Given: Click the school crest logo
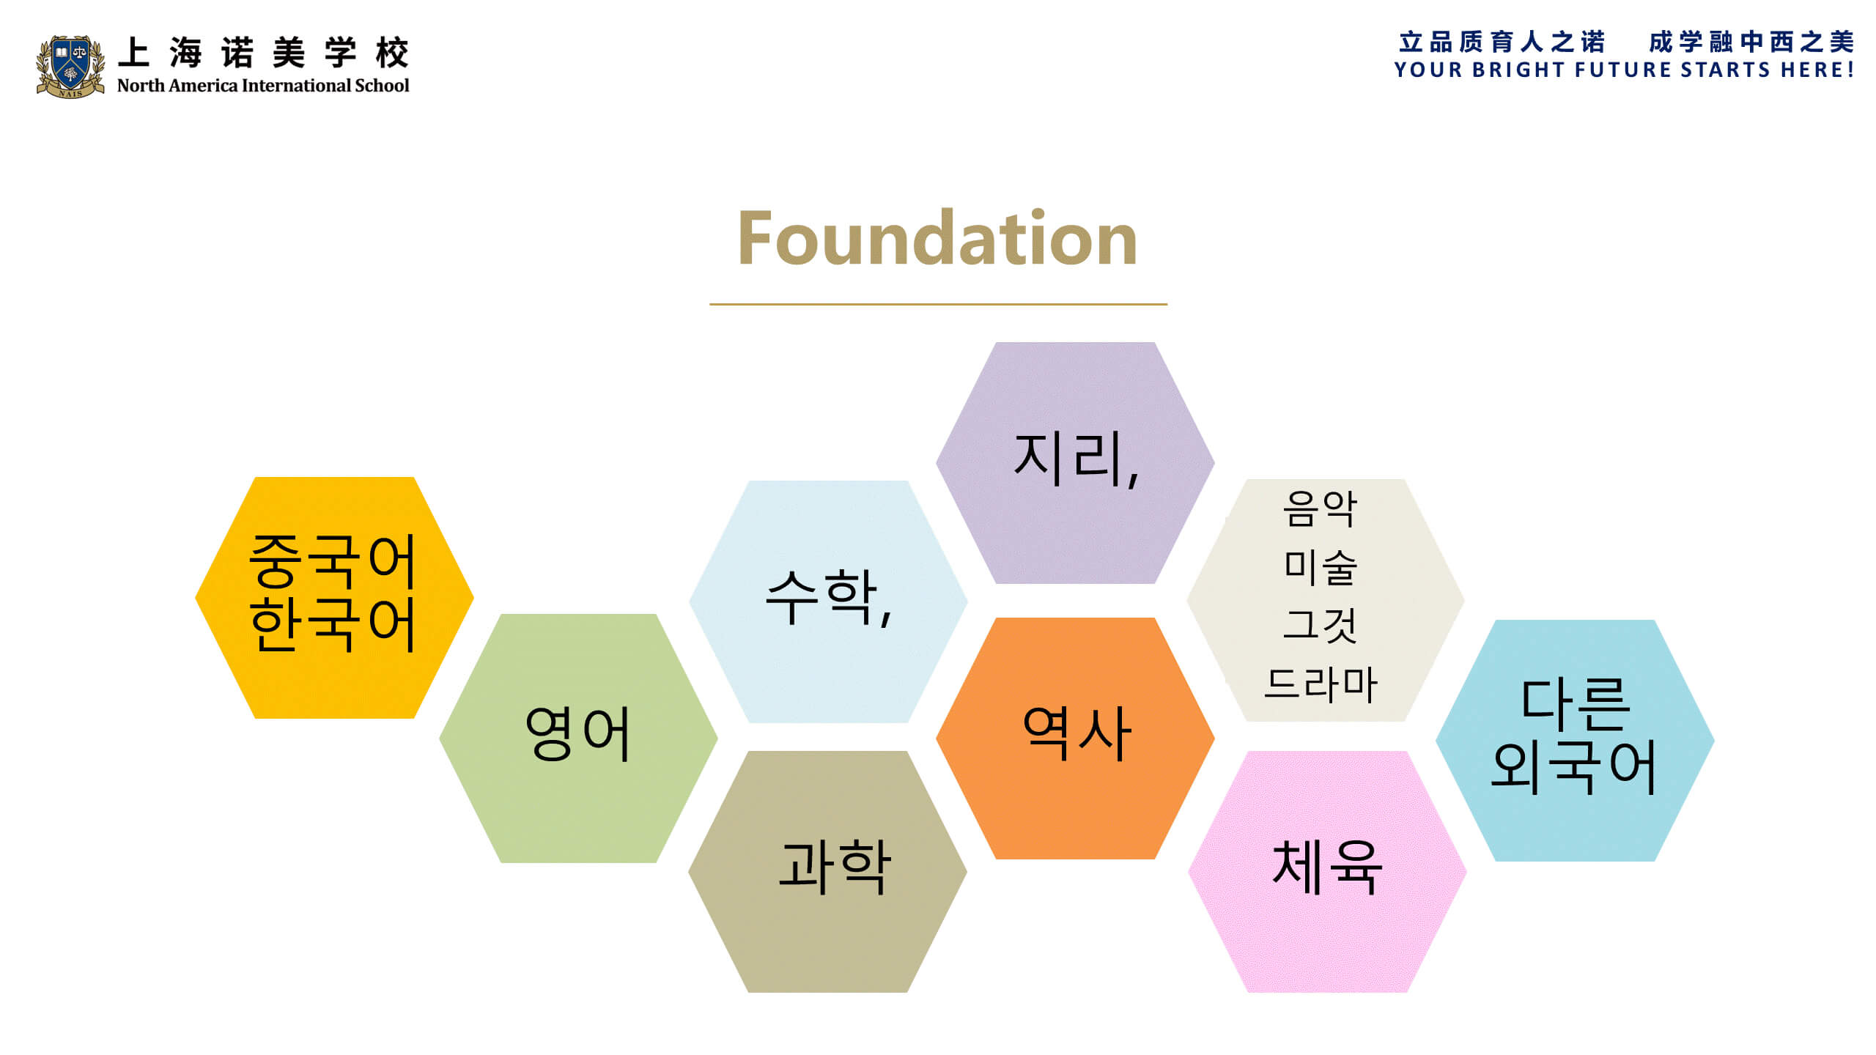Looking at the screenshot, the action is point(70,66).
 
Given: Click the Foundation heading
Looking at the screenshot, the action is point(937,237).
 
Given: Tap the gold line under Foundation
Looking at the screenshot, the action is point(938,303).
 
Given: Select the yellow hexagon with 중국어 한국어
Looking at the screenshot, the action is point(334,597).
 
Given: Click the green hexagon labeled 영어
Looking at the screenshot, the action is point(578,738).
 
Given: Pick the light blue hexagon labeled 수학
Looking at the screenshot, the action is point(828,601).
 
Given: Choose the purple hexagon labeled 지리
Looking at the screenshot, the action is point(1075,462).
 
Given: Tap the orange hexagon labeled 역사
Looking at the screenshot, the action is point(1075,738).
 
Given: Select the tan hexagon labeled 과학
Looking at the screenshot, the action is point(827,871).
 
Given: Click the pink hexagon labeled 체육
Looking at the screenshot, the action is point(1327,871).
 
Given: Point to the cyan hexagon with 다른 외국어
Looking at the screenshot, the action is point(1575,740).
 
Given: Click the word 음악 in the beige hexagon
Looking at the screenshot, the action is point(1321,508).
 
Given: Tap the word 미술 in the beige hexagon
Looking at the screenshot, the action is point(1321,566).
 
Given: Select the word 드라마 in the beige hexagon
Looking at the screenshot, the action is point(1321,684).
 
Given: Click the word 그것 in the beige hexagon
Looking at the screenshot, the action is point(1321,625).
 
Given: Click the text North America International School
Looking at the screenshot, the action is point(263,86).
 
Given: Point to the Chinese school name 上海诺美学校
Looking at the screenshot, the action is point(263,53).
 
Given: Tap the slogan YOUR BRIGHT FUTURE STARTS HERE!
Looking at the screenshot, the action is point(1624,70).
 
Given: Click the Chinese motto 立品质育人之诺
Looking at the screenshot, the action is point(1502,42).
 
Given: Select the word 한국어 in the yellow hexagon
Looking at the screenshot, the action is point(333,623).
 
